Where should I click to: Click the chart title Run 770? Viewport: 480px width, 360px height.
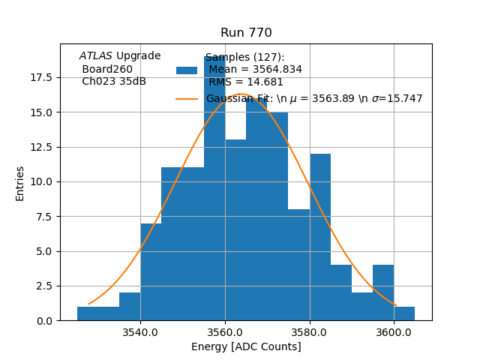246,33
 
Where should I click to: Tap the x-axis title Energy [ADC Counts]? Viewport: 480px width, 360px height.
246,346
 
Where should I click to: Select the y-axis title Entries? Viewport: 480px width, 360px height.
20,183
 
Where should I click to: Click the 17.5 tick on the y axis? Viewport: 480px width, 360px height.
40,77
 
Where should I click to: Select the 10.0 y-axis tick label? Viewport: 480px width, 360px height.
40,181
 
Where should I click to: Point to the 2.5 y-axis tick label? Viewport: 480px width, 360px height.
43,286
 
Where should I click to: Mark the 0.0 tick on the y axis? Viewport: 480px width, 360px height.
43,320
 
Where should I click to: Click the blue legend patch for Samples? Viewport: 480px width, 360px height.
187,70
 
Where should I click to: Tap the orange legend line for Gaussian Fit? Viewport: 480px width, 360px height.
187,98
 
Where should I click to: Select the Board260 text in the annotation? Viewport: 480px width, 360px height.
107,69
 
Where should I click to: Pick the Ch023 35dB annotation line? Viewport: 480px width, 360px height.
114,82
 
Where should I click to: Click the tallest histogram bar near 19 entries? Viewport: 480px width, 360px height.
214,187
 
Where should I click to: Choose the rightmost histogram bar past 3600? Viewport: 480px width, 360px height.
404,313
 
